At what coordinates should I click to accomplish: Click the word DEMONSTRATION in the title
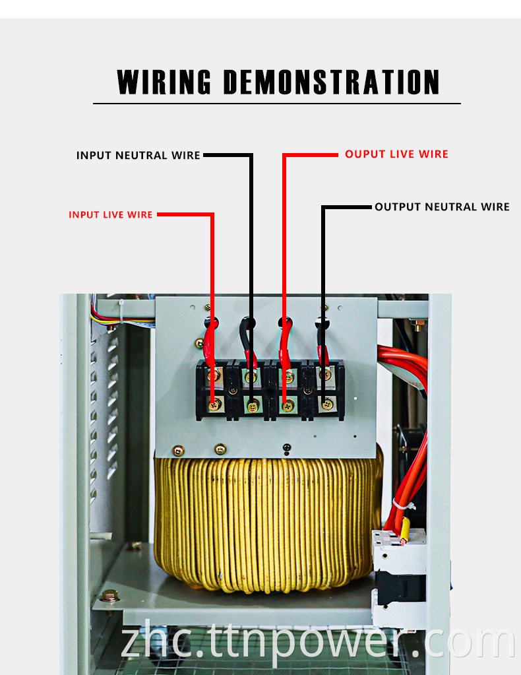click(x=331, y=82)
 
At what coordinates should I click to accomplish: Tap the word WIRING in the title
click(x=164, y=82)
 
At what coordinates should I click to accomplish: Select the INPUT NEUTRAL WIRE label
click(x=138, y=156)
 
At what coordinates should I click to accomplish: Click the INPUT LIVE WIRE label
click(x=111, y=215)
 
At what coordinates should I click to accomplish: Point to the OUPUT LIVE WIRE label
click(x=396, y=154)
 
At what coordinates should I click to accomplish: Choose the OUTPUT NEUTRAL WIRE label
click(x=442, y=207)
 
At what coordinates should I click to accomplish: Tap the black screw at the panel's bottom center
click(x=286, y=449)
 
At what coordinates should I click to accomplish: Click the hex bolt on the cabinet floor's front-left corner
click(x=111, y=596)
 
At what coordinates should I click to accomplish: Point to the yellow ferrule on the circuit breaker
click(x=404, y=530)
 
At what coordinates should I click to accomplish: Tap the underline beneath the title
click(x=276, y=104)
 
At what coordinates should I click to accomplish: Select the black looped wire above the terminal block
click(x=248, y=337)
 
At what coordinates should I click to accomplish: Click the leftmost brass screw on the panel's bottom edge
click(x=178, y=451)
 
